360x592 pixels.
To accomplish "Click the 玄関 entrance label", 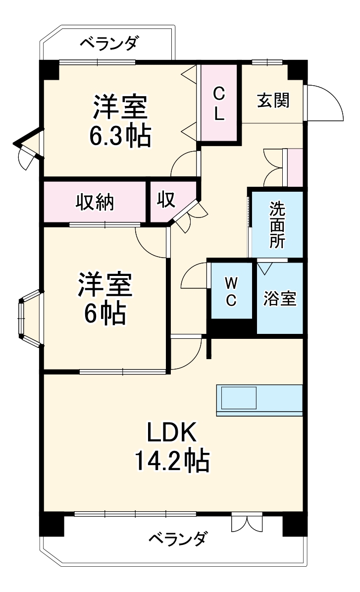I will pos(273,101).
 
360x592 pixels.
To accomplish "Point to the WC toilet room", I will pos(231,291).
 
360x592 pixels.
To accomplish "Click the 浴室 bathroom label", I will pos(280,299).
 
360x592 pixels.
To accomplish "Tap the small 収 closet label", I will pos(166,201).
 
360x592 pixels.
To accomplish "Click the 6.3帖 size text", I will pos(119,135).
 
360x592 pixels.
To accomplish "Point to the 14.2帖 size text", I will pos(172,461).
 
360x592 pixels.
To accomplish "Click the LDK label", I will pos(172,433).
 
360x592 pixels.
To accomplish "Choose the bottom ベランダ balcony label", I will pos(177,538).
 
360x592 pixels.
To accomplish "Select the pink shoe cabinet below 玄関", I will pos(296,167).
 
